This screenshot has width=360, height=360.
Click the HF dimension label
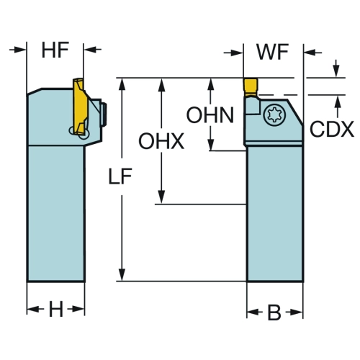point(55,50)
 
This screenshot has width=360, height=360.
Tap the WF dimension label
point(273,52)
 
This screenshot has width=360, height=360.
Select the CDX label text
point(332,129)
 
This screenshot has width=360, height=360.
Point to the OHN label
point(210,115)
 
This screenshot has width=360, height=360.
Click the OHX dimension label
point(161,141)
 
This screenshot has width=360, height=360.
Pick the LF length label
point(120,176)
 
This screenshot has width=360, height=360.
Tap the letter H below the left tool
point(56,309)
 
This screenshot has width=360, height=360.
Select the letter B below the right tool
point(274,312)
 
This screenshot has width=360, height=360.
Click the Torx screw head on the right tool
point(274,114)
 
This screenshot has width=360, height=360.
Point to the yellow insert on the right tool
point(251,87)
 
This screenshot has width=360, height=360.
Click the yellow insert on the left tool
point(80,107)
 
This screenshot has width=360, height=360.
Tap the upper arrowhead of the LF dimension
point(122,84)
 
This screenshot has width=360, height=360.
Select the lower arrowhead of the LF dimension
point(122,275)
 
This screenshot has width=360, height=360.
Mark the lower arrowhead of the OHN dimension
point(211,145)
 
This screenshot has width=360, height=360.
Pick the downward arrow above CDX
point(336,68)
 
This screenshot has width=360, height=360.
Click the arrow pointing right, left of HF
point(17,50)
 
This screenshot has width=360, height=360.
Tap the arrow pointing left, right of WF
point(312,52)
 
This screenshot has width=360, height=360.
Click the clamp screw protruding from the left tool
point(104,114)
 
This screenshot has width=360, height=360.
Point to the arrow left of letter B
point(255,312)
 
